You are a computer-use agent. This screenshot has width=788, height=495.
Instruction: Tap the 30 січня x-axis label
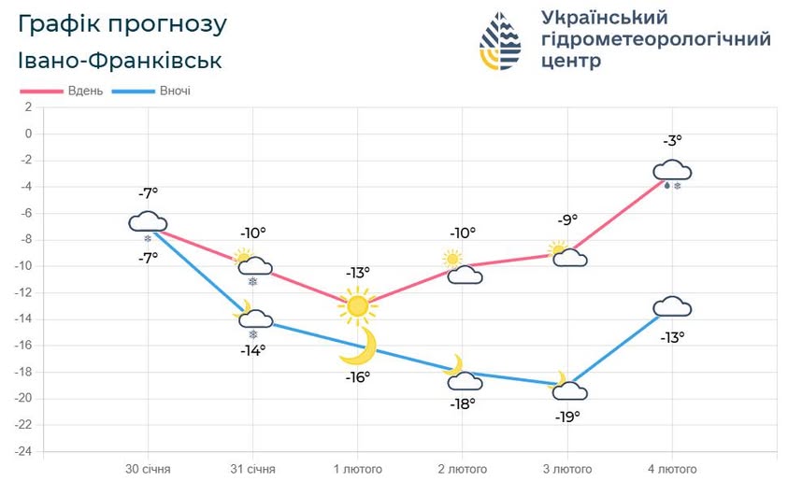(x=149, y=468)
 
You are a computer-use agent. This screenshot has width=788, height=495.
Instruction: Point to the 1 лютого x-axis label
(x=357, y=468)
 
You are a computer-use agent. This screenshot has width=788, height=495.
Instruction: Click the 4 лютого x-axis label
(x=671, y=468)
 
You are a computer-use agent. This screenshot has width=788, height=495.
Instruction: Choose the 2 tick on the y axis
(x=28, y=107)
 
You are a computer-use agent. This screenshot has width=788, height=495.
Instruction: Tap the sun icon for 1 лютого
(x=357, y=304)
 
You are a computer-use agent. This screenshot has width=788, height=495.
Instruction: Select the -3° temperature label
(x=673, y=141)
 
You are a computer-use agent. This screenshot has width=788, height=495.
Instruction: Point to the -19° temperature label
(x=566, y=417)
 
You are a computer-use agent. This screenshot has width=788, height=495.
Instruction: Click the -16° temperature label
(x=357, y=376)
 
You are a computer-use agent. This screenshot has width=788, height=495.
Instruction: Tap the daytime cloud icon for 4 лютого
(x=672, y=170)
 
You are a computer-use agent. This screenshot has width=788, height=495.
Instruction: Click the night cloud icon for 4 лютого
(x=672, y=306)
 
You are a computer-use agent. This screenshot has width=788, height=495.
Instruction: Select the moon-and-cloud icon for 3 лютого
(x=568, y=387)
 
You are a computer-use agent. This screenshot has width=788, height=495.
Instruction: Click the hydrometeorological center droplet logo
(x=501, y=42)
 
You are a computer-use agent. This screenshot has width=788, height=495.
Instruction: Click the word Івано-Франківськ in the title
(x=120, y=61)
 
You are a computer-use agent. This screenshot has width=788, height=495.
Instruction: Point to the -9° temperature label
(x=566, y=220)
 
